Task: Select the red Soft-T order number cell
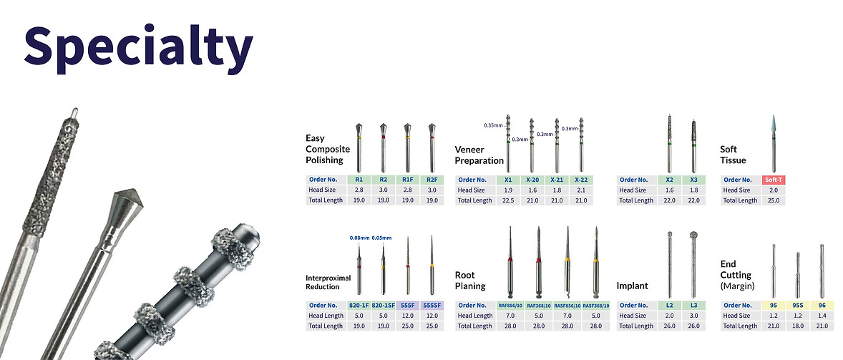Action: [773, 180]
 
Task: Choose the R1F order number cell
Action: [406, 180]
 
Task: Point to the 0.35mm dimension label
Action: [493, 125]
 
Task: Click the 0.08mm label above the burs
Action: [359, 237]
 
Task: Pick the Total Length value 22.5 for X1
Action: [507, 200]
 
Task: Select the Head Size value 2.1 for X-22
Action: [580, 190]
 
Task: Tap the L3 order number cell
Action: [693, 305]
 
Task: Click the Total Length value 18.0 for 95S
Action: [797, 326]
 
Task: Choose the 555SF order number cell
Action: [432, 305]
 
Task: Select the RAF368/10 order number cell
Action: [537, 305]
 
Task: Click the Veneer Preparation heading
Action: [479, 155]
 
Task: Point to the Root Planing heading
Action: [470, 281]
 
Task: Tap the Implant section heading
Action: [632, 286]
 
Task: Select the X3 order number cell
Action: [693, 180]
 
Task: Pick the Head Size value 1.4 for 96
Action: [822, 316]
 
